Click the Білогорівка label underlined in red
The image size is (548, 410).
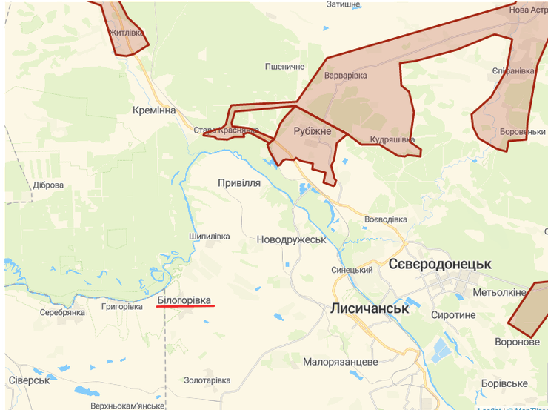[184, 300]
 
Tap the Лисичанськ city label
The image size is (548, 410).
[369, 308]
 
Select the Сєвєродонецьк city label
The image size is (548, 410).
[440, 264]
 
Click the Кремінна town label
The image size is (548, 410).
[154, 110]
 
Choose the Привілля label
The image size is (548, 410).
[239, 182]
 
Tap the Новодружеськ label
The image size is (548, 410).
[291, 239]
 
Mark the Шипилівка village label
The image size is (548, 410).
[210, 237]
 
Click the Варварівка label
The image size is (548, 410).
[346, 75]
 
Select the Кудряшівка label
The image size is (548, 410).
[392, 139]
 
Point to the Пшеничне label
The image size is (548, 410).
[285, 67]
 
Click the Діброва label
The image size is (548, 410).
[49, 185]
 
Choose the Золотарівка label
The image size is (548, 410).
[207, 380]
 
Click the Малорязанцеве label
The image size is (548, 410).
[341, 362]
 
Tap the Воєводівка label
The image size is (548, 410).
[386, 219]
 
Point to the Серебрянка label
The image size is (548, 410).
[63, 312]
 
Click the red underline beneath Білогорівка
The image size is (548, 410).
[184, 306]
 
